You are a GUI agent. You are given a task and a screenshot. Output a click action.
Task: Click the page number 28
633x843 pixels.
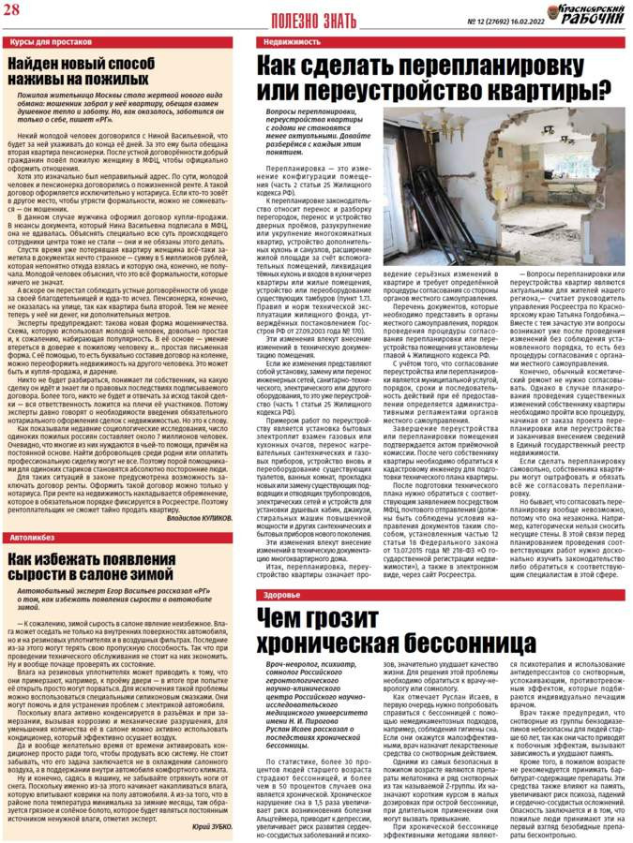coord(14,11)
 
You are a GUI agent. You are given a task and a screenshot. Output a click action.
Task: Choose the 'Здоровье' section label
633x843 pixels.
coord(282,569)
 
